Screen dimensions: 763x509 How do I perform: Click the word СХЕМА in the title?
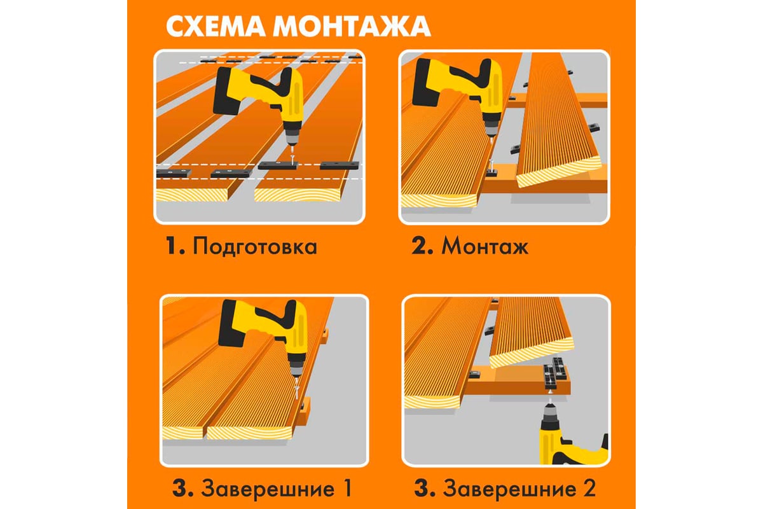pos(216,26)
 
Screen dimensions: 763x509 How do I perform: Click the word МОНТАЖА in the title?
pos(352,26)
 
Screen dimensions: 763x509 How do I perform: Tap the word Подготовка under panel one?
pos(255,246)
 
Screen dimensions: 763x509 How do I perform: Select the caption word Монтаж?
pos(485,246)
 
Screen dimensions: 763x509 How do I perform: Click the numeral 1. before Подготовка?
pos(175,246)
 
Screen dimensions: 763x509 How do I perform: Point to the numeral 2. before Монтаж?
pos(422,246)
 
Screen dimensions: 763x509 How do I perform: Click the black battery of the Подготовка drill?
pos(227,91)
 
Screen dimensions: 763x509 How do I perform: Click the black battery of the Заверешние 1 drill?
pos(232,324)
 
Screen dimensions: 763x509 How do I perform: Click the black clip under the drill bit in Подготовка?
pos(278,165)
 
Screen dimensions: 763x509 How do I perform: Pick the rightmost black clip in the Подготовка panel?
pos(340,165)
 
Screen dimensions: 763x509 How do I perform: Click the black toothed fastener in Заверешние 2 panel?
pos(556,373)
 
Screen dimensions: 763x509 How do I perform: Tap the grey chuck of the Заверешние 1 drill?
pos(296,366)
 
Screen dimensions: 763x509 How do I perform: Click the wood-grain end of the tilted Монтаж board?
pos(560,172)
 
